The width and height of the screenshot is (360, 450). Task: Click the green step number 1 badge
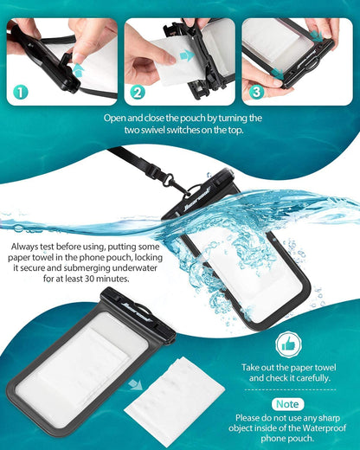tap(20, 91)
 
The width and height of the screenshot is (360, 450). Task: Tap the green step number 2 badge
tap(138, 91)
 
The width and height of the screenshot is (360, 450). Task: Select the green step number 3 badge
tap(256, 91)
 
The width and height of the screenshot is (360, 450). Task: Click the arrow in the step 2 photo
tap(186, 55)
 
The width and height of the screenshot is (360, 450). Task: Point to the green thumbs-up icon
tap(288, 345)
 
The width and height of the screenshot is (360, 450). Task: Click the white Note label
tap(288, 404)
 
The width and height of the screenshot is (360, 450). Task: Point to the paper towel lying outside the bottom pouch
tap(173, 406)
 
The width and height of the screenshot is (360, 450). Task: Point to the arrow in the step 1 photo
tap(77, 67)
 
